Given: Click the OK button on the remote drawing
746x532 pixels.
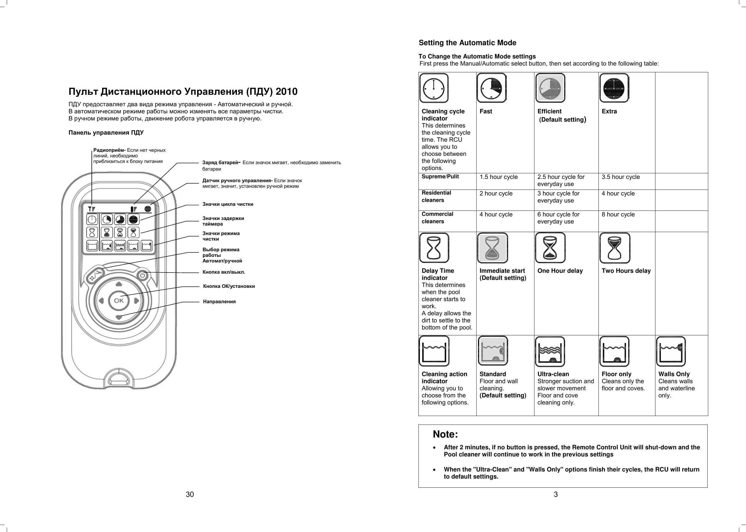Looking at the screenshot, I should tap(119, 300).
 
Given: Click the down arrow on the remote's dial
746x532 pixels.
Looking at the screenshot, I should tap(119, 317).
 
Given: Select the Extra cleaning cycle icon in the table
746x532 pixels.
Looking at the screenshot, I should tap(614, 88).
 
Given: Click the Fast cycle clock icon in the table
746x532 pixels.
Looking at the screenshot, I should tap(491, 88).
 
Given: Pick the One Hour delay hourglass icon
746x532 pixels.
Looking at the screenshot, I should tap(550, 248).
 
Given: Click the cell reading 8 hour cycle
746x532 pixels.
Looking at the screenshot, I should tap(618, 215).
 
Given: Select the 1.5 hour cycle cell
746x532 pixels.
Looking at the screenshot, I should tap(498, 177).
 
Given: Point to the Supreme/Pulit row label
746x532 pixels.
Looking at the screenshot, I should tap(440, 177).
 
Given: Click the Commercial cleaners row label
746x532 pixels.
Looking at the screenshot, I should tap(437, 218).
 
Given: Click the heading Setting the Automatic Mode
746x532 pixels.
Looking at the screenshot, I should tap(467, 43).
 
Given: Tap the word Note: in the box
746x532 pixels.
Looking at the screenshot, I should tap(445, 434).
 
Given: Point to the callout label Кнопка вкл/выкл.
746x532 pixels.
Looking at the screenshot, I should tap(224, 272).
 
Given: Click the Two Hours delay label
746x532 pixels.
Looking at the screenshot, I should tap(626, 271).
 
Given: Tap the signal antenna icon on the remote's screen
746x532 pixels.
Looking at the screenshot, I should tap(92, 209).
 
